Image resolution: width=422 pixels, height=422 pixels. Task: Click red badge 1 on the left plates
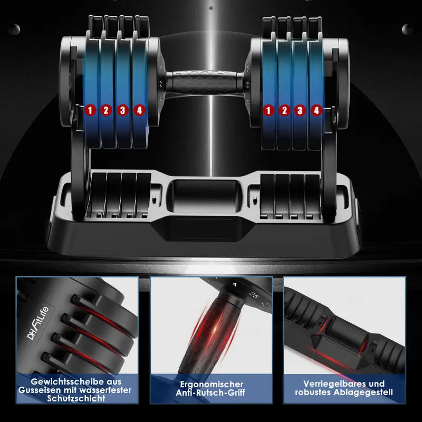[90, 110]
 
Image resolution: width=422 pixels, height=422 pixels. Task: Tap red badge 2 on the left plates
[107, 110]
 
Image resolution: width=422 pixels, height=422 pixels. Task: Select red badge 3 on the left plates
[123, 110]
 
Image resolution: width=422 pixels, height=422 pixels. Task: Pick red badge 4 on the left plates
[139, 110]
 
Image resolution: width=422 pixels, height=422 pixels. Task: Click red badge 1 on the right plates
[268, 110]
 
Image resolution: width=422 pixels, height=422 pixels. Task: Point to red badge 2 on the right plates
[284, 110]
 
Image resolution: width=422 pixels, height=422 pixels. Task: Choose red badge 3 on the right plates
[300, 110]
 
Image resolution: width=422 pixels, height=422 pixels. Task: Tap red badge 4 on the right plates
[316, 110]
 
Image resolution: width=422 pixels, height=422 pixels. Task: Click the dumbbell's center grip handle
[205, 82]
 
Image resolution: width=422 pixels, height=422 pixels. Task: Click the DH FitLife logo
[37, 323]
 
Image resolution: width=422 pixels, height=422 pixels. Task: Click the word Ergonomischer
[212, 384]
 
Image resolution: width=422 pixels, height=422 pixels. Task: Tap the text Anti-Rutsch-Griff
[210, 392]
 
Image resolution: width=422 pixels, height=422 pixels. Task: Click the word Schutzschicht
[76, 399]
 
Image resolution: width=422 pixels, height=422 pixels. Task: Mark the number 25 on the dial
[254, 295]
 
